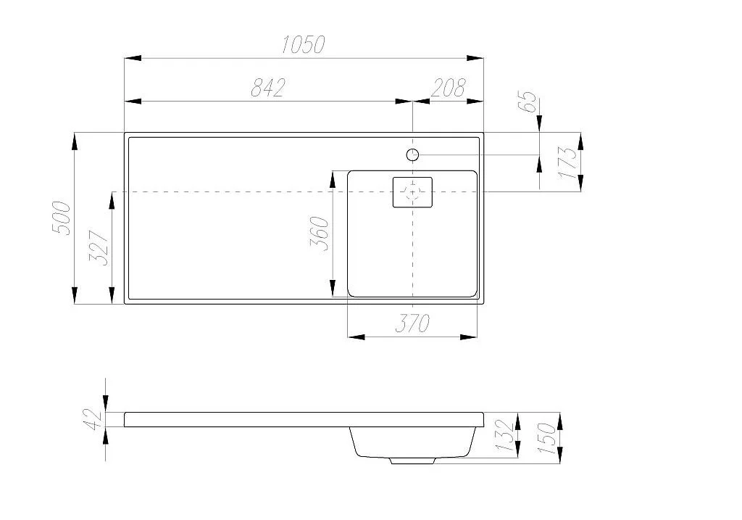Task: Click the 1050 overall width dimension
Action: pos(304,44)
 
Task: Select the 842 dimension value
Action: pos(268,88)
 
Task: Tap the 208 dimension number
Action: pos(448,88)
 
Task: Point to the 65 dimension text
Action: pos(528,102)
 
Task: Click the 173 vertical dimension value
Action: pos(568,162)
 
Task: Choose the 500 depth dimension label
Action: pos(62,218)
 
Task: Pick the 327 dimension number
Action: pos(99,248)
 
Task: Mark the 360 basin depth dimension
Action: pos(319,233)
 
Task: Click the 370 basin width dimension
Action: pos(412,323)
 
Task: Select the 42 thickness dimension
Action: pos(93,420)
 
